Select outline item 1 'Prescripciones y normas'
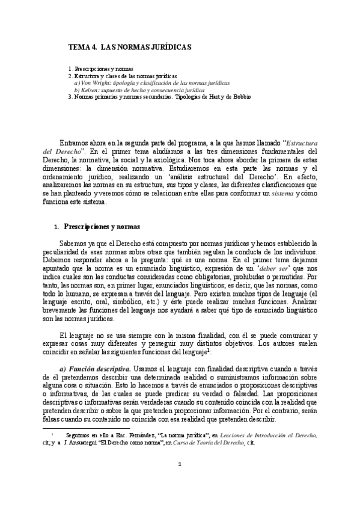pos(102,69)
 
